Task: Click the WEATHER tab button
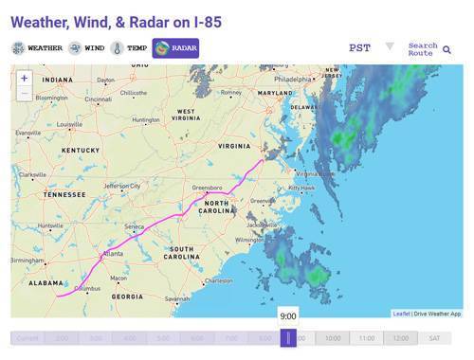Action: (x=37, y=47)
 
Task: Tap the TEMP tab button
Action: (x=130, y=47)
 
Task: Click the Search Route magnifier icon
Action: (x=447, y=49)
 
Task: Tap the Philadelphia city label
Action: (x=301, y=80)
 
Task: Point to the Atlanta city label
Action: (x=112, y=254)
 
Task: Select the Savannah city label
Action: (x=177, y=298)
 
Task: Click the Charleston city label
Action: (x=218, y=280)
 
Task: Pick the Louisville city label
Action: (x=68, y=124)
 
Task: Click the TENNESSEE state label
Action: (x=64, y=195)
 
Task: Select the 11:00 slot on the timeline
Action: (x=366, y=338)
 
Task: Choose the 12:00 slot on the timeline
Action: (x=400, y=338)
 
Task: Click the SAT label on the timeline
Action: (x=434, y=338)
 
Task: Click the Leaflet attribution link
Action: (x=401, y=314)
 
